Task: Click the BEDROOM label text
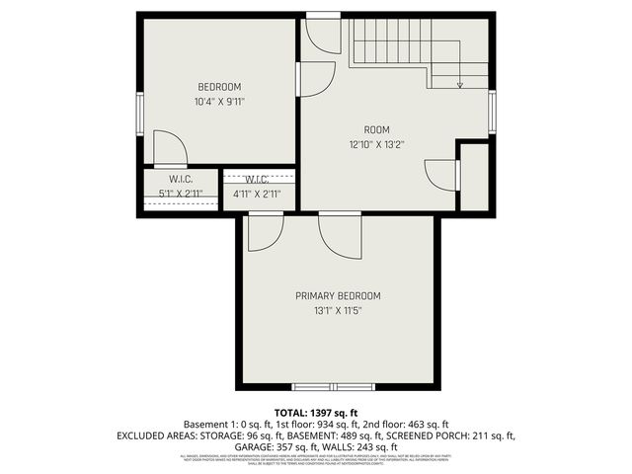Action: tap(219, 87)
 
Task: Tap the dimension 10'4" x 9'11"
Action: tap(219, 101)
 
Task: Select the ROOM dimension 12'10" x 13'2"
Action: tap(377, 144)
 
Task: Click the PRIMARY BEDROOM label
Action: tap(338, 295)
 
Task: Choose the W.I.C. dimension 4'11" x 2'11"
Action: tap(257, 194)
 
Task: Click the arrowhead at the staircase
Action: tap(460, 85)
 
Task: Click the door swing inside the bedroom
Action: tap(170, 148)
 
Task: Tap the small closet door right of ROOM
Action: tap(441, 174)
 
